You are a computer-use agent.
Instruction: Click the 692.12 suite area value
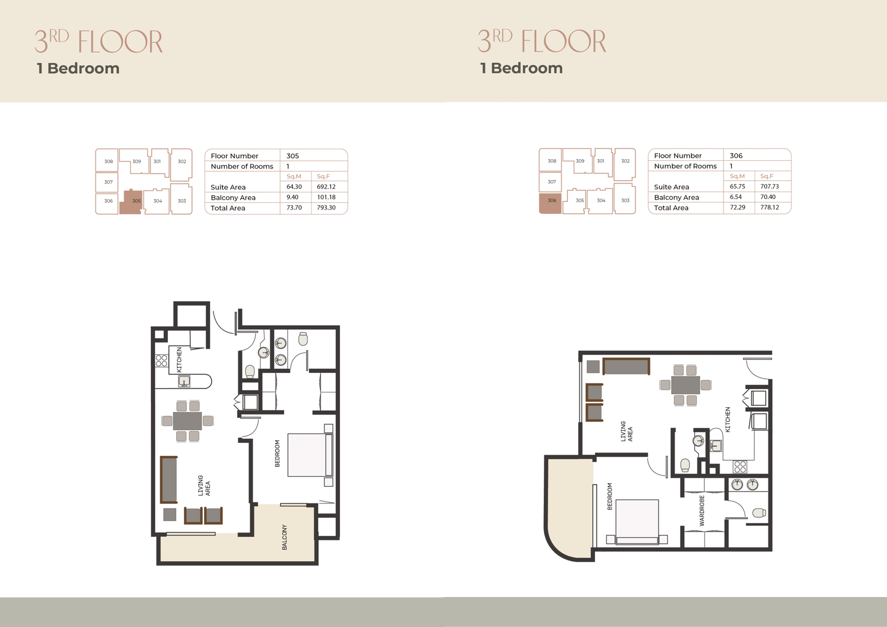326,187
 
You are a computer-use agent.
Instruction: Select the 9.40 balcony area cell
292,197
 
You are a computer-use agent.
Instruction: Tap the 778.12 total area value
769,207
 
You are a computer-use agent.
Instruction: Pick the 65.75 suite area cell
737,186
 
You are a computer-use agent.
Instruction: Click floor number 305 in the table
293,156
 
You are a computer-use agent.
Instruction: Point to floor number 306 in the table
736,156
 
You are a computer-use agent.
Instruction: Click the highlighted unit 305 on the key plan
131,202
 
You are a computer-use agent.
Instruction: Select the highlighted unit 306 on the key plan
550,203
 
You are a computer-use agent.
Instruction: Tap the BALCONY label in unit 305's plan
284,537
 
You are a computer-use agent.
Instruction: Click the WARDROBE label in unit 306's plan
702,511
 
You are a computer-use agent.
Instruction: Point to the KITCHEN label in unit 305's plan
179,360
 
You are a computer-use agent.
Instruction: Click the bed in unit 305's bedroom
310,455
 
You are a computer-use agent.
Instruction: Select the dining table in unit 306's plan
685,385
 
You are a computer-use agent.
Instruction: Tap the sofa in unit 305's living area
169,480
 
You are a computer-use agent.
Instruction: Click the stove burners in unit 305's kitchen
161,360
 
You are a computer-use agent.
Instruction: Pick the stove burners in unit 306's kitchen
740,467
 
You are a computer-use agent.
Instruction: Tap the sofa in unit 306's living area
626,366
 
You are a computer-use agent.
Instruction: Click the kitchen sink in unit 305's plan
183,381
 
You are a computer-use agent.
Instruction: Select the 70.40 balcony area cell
768,197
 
